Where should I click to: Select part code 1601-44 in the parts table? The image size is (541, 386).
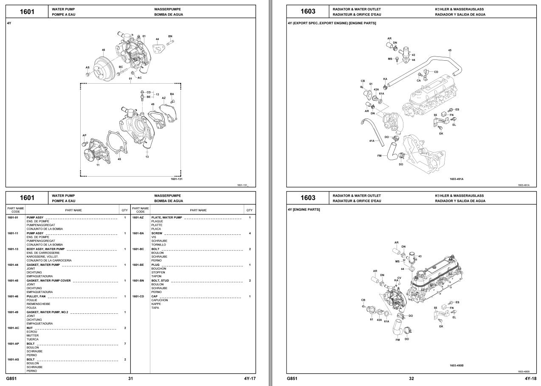tap(13, 265)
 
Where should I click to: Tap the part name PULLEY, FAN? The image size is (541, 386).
tap(36, 296)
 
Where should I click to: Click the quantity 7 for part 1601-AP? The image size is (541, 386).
tap(125, 344)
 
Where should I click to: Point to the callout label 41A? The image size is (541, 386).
tap(372, 141)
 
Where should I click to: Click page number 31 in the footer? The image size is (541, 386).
tap(130, 378)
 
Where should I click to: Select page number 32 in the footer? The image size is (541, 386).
tap(411, 378)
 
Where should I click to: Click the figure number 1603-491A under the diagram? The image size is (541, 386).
tap(456, 179)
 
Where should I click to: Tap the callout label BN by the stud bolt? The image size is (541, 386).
tap(170, 36)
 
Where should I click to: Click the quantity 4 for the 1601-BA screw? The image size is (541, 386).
tap(250, 233)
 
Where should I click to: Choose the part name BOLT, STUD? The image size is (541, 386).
tap(160, 281)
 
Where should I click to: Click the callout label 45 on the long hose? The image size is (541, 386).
tap(450, 51)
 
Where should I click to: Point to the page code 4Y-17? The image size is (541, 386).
tap(250, 378)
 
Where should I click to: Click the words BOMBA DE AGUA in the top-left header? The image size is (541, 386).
tap(169, 14)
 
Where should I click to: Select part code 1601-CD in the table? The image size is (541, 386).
tap(138, 296)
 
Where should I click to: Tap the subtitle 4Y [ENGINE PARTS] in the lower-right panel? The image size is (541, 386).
tap(304, 209)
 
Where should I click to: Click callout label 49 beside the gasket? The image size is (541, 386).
tap(152, 104)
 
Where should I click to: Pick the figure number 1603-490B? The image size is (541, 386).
tap(456, 366)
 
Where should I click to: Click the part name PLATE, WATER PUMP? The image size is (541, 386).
tap(166, 218)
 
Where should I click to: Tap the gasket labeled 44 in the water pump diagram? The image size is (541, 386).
tap(158, 49)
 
